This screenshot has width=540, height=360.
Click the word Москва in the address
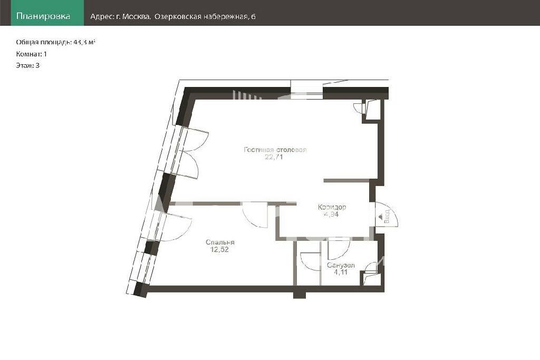click(x=136, y=16)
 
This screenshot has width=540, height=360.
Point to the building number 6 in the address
click(x=254, y=16)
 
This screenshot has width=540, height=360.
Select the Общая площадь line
click(x=55, y=42)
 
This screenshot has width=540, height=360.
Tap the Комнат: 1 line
click(x=31, y=54)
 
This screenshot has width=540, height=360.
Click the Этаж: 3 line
click(x=27, y=65)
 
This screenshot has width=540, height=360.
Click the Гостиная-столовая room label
click(x=275, y=150)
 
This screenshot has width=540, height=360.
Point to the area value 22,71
click(x=274, y=157)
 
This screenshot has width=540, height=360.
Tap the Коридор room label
click(x=332, y=207)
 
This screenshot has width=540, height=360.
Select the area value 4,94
click(x=331, y=214)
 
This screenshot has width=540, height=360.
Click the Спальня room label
click(x=220, y=242)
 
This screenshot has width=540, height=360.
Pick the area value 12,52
click(x=219, y=249)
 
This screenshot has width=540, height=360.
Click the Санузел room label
click(x=341, y=265)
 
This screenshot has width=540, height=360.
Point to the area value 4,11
click(x=341, y=272)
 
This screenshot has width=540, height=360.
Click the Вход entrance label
click(x=387, y=216)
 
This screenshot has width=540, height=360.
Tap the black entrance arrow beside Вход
click(x=380, y=217)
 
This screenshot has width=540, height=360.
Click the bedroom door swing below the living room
click(x=255, y=216)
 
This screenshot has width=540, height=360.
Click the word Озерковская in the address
click(x=178, y=16)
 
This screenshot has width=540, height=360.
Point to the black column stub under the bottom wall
click(x=300, y=295)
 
